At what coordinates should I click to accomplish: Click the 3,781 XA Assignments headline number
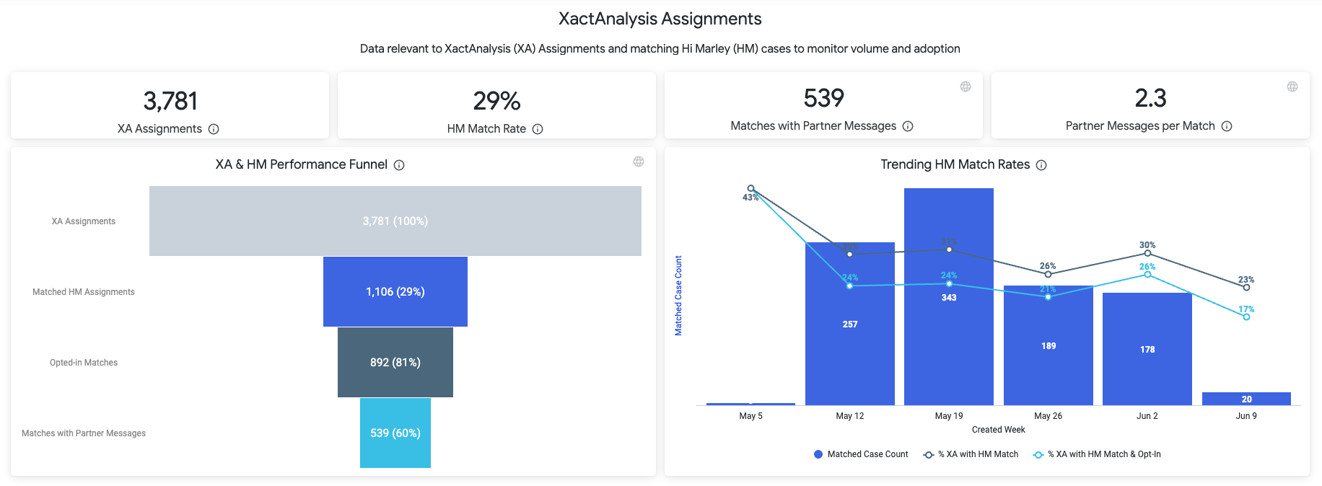coord(170,101)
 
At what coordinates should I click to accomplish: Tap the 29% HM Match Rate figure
coord(496,101)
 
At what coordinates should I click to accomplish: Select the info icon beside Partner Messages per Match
coord(1227,126)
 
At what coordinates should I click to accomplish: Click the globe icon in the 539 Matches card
coord(966,87)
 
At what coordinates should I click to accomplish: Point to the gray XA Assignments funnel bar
coord(395,221)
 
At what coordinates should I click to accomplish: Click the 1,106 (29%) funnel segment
coord(395,291)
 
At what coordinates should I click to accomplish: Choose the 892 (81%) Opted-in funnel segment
coord(395,362)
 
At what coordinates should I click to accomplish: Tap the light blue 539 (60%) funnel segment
coord(395,433)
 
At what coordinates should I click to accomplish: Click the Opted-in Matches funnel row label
coord(84,363)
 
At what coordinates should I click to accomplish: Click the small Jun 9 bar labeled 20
coord(1246,399)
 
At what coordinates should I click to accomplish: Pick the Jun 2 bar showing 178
coord(1147,349)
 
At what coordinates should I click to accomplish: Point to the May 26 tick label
coord(1048,416)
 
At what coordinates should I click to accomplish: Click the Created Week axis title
coord(998,430)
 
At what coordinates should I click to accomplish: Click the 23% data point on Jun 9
coord(1246,288)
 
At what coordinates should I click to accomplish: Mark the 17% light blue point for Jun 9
coord(1246,317)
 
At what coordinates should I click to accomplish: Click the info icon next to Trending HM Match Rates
coord(1041,165)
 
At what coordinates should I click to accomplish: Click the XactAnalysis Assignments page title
coord(660,19)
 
